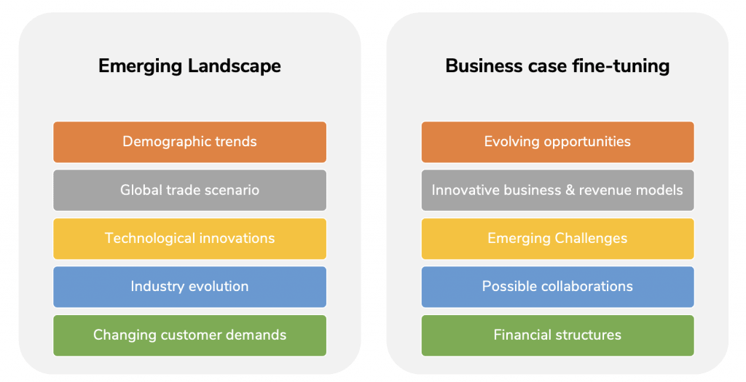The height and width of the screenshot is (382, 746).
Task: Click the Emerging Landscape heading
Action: [x=189, y=66]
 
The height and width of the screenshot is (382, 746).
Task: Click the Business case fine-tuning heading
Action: [x=557, y=66]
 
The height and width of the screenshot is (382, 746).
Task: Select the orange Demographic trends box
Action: [x=190, y=142]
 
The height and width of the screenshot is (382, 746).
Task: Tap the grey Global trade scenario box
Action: [x=190, y=190]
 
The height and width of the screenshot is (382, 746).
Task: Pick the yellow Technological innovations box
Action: [x=190, y=239]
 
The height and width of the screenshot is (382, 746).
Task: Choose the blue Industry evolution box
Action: [x=190, y=287]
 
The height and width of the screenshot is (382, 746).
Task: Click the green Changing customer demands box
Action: [x=190, y=335]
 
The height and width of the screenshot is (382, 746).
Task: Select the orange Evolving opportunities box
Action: [x=557, y=142]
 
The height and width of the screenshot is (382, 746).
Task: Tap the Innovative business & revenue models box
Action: [x=557, y=190]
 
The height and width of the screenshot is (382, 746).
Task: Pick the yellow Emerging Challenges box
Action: [x=557, y=239]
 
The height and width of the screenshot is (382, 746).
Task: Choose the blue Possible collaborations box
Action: [x=557, y=287]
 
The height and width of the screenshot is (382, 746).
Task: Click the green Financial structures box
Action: [x=557, y=335]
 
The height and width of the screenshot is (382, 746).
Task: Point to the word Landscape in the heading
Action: [x=234, y=66]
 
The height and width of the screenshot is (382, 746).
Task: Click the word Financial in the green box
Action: [x=522, y=335]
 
